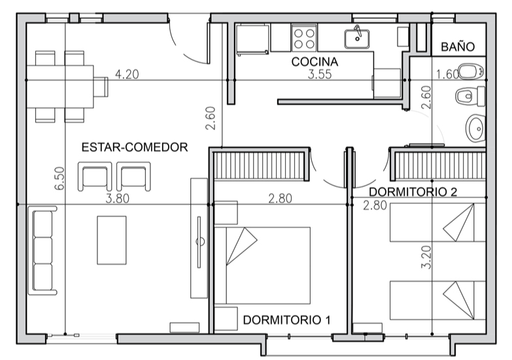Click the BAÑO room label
pyautogui.click(x=457, y=47)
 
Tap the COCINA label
pyautogui.click(x=315, y=61)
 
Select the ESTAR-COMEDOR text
pyautogui.click(x=135, y=147)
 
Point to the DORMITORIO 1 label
pyautogui.click(x=286, y=320)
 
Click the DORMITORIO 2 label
pyautogui.click(x=412, y=192)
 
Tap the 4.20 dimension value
pyautogui.click(x=127, y=74)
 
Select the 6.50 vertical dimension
pyautogui.click(x=60, y=178)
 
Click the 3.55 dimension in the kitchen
pyautogui.click(x=320, y=74)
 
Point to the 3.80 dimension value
pyautogui.click(x=118, y=199)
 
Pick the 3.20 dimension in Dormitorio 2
pyautogui.click(x=426, y=257)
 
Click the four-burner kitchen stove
pyautogui.click(x=304, y=38)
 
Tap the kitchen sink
pyautogui.click(x=357, y=37)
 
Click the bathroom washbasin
pyautogui.click(x=475, y=127)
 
